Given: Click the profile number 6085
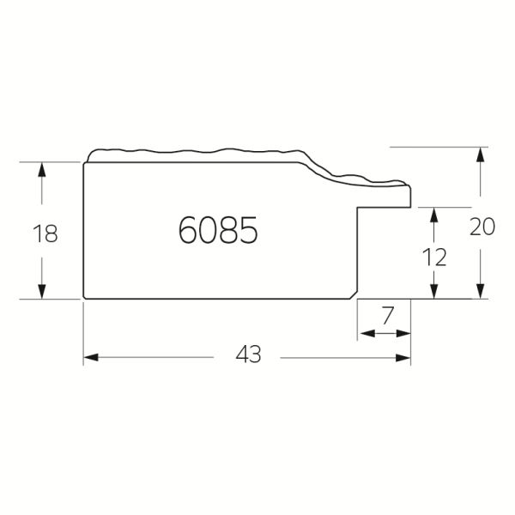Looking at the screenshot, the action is tap(218, 230).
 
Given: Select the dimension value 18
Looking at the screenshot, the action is tap(45, 233).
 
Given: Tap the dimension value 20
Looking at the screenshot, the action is tap(482, 227).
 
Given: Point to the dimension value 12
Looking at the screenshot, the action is tap(434, 257).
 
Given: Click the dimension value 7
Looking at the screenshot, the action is tap(388, 315).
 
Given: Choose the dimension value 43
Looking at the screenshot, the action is tap(248, 354).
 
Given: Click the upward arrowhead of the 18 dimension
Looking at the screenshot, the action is tap(42, 170).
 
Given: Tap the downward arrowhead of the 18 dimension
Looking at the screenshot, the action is tap(42, 291).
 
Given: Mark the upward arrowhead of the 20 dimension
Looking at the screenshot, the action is tap(481, 154).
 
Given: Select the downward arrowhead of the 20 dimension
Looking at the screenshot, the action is tap(481, 291).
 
